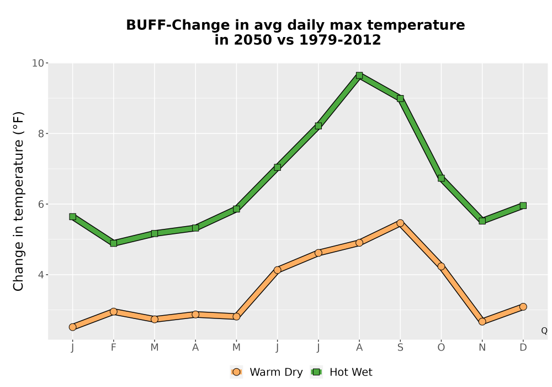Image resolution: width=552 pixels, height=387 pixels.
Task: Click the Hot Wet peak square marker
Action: [359, 75]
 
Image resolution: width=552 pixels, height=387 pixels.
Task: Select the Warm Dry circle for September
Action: [400, 223]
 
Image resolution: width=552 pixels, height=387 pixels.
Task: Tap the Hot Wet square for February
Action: [113, 243]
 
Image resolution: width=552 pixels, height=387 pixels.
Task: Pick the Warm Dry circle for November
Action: [482, 321]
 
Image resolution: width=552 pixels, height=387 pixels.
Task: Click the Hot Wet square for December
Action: [523, 206]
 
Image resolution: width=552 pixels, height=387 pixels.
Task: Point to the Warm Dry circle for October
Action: [441, 266]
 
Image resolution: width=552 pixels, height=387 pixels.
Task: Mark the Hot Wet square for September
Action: [400, 98]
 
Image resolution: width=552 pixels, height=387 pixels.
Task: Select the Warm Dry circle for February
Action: [113, 312]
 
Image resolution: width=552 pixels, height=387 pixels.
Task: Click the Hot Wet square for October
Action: [441, 179]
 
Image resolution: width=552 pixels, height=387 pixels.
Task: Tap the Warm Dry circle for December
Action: [523, 307]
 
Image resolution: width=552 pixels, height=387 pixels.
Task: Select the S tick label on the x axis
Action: [400, 348]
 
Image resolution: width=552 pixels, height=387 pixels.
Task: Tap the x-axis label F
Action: [113, 348]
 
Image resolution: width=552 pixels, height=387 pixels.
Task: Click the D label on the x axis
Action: [523, 348]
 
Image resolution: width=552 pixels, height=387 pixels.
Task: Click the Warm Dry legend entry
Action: [267, 372]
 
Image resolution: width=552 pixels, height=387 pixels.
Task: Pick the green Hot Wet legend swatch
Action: [316, 372]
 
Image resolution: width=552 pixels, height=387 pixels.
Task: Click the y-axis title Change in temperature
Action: [18, 201]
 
